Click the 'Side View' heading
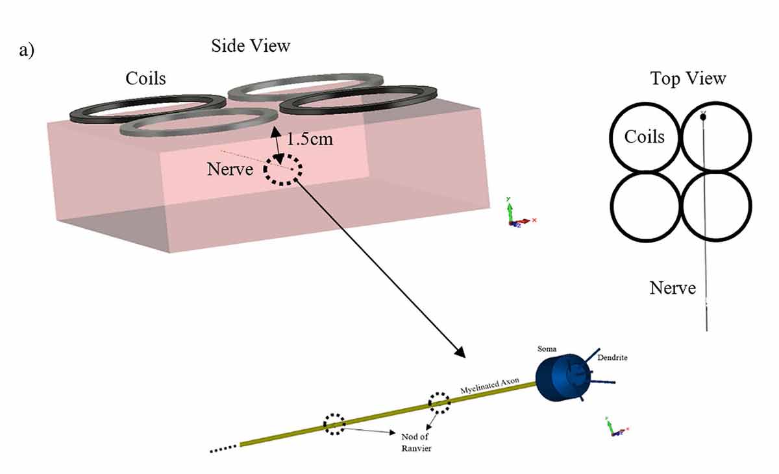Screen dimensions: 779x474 (251, 46)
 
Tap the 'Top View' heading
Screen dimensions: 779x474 (688, 78)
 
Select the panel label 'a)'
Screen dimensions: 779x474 (27, 51)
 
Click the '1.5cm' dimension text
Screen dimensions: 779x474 (310, 139)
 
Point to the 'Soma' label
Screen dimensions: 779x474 (547, 349)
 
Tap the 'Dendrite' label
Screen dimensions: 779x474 (612, 357)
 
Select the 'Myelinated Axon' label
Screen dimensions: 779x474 (489, 385)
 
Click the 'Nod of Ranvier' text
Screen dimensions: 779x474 (416, 442)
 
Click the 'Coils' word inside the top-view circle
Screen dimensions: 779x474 (645, 136)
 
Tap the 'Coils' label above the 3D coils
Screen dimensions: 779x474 (145, 78)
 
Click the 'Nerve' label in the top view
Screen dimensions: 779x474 (673, 288)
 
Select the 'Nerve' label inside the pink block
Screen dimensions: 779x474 (230, 169)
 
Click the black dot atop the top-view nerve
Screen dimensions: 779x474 (703, 117)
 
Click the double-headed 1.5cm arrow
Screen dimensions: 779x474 (277, 145)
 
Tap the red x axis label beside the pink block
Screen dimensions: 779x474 (534, 220)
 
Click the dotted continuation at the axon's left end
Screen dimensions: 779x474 (223, 448)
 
